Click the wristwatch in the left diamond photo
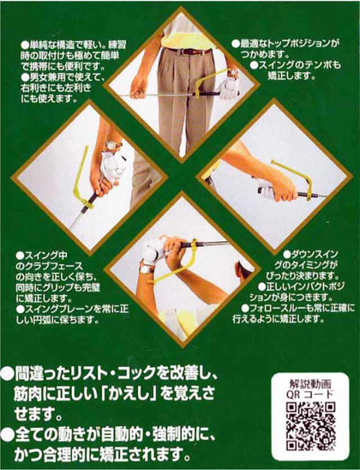[112, 145]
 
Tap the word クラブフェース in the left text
[58, 267]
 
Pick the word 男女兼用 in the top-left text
[42, 76]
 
